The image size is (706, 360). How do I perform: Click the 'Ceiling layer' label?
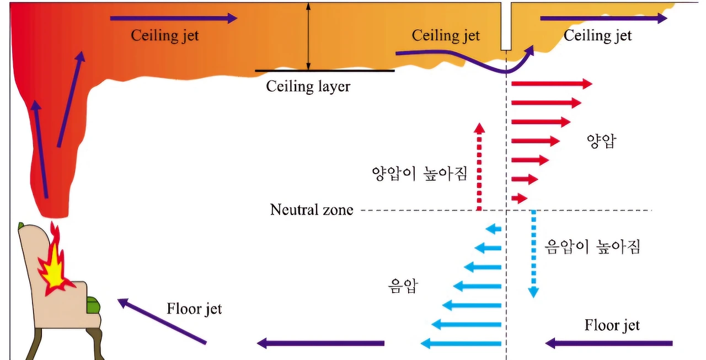308,87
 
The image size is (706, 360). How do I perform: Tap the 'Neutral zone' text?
311,210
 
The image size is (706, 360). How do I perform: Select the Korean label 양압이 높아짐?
420,174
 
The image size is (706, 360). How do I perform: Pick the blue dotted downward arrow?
533,254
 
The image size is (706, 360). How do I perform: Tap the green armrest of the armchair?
93,304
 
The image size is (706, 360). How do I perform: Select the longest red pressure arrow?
552,84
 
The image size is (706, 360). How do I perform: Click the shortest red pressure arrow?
519,198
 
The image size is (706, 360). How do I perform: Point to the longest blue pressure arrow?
461,344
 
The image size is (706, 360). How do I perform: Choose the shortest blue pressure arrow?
494,229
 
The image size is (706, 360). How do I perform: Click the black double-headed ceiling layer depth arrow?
309,36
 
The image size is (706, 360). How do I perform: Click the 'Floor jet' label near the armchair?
194,308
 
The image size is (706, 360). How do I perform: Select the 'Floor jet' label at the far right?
612,325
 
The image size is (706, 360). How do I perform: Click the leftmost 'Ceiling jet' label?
164,36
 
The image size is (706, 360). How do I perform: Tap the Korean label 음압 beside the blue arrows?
403,286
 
